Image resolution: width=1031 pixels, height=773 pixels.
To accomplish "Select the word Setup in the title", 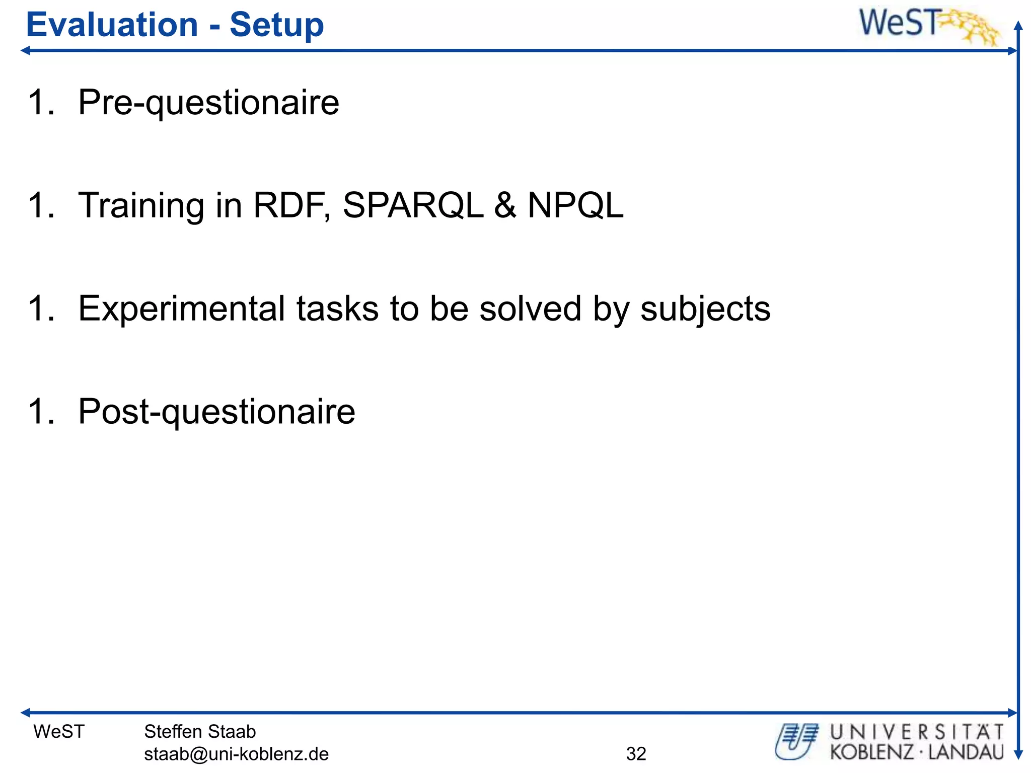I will pos(276,25).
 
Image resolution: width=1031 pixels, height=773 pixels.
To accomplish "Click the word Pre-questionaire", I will pos(208,103).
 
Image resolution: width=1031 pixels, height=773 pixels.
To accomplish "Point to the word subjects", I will pos(705,309).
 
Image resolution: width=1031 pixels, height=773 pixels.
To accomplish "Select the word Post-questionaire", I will pos(216,412).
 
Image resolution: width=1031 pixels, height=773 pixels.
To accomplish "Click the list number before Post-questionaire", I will pos(41,412).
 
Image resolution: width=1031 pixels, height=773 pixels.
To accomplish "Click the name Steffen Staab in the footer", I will pos(200,731).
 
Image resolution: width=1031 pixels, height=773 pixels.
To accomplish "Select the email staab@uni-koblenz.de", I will pos(236,754).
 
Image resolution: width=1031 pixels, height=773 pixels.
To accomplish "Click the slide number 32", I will pos(636,754).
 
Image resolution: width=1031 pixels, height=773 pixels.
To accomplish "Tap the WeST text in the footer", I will pos(59,731).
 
